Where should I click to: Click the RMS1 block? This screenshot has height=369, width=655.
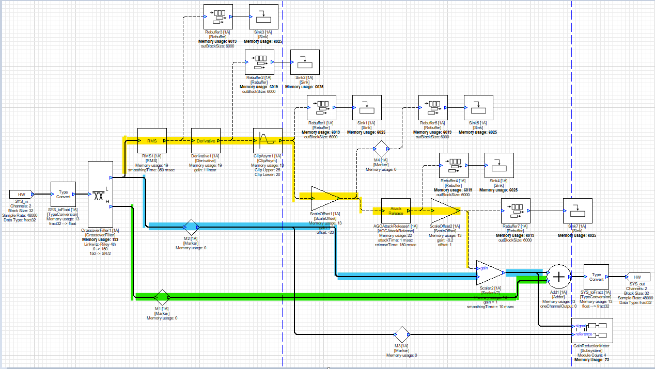152,141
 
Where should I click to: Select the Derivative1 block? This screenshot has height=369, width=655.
206,141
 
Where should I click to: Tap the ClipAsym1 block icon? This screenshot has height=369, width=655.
268,141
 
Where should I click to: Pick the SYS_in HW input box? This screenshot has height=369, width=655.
21,194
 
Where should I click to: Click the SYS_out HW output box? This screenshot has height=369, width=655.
637,277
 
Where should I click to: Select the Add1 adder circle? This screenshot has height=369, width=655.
558,277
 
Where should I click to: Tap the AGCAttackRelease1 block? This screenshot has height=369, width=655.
396,211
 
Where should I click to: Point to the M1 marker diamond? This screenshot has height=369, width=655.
162,296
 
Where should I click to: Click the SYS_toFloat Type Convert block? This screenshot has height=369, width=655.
63,194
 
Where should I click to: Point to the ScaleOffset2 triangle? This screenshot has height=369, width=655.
443,211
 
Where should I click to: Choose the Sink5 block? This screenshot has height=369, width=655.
478,108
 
